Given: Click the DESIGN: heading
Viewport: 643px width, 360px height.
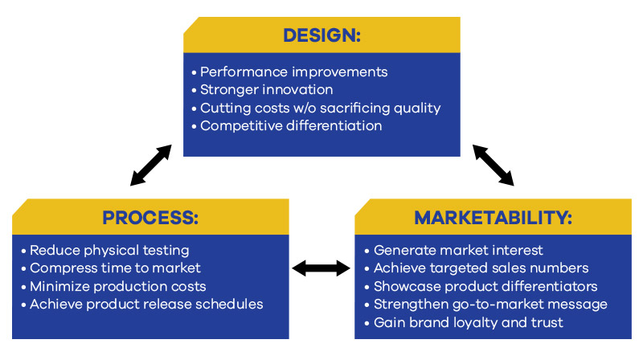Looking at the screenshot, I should click(322, 35).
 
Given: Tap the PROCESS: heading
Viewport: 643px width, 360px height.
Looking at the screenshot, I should click(150, 218).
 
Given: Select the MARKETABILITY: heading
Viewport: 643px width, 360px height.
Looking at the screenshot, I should click(493, 218).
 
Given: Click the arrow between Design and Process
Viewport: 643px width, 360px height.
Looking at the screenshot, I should click(151, 166).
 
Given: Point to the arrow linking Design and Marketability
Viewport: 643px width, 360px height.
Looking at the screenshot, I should click(493, 166).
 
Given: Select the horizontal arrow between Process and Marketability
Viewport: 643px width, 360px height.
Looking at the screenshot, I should click(321, 268).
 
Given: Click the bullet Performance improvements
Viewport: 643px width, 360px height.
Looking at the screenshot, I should click(293, 72).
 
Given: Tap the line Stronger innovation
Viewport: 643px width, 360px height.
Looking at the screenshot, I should click(266, 90).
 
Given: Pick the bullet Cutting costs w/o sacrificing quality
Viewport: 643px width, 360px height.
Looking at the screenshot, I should click(320, 108).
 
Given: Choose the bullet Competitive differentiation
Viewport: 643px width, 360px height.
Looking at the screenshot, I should click(290, 125).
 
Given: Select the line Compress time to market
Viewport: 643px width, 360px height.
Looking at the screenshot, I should click(115, 268).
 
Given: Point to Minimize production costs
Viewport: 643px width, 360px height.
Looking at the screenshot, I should click(117, 286).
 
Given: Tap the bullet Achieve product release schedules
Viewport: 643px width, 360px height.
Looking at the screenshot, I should click(146, 304).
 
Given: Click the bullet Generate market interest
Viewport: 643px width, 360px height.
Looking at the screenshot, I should click(458, 251).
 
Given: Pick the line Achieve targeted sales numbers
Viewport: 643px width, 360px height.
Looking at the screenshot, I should click(481, 268).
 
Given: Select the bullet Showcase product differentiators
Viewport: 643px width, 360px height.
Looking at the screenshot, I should click(484, 286).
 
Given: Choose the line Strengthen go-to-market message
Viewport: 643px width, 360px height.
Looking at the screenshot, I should click(490, 304).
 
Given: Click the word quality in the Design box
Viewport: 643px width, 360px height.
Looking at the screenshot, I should click(416, 108).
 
